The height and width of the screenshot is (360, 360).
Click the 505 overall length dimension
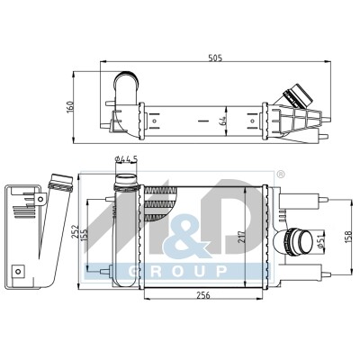[215, 58]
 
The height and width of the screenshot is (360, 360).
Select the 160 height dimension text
[69, 107]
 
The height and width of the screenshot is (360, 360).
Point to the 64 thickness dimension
[222, 121]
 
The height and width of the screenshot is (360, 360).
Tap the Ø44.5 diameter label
[126, 159]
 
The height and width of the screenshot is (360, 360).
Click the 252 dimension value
[75, 231]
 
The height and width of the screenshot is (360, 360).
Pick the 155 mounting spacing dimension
[84, 236]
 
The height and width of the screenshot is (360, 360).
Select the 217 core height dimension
[242, 237]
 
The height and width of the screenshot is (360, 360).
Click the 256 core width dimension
[203, 295]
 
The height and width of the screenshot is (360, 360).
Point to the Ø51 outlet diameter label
[320, 241]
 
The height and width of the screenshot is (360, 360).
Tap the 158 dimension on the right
[348, 237]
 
